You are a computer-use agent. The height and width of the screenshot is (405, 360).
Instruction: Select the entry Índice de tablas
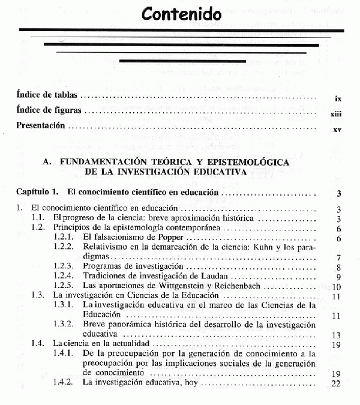(46, 95)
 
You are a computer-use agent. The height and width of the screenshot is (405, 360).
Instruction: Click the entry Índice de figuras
(49, 111)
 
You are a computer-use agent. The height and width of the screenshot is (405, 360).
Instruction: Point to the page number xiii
(336, 113)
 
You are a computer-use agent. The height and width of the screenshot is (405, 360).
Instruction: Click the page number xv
(337, 130)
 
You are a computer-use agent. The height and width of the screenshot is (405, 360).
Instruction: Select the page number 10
(336, 287)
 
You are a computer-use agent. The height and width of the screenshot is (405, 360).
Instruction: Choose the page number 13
(336, 335)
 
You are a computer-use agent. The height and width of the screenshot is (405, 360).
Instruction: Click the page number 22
(336, 383)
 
